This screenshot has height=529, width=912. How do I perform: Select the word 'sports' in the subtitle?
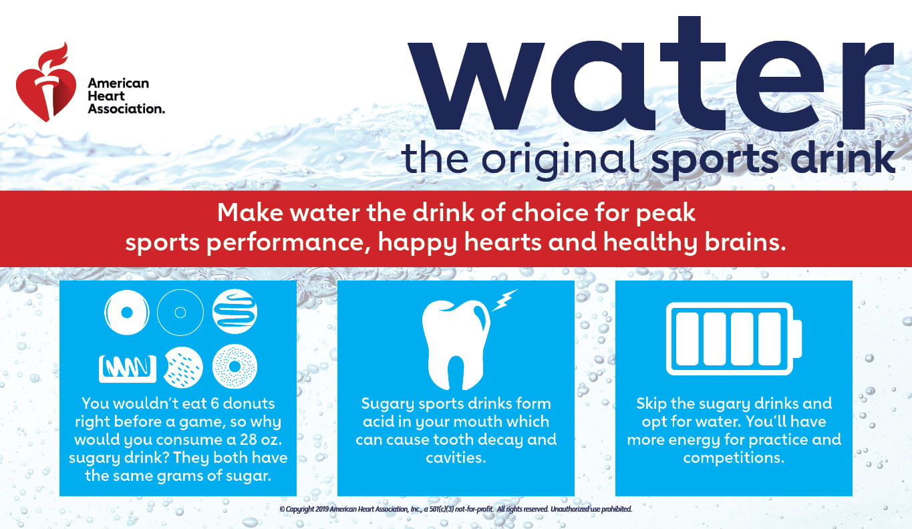coord(715,160)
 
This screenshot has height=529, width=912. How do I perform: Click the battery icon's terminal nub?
coord(798,339)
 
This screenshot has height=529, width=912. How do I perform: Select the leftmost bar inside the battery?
coord(688,339)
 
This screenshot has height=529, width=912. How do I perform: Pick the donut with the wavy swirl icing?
coord(235,312)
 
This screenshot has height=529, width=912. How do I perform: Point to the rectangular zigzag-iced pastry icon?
coord(128,369)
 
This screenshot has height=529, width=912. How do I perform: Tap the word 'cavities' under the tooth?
coord(456,458)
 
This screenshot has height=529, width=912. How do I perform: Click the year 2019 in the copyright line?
coord(321,509)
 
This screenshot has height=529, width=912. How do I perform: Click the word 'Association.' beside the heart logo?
coord(126,109)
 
